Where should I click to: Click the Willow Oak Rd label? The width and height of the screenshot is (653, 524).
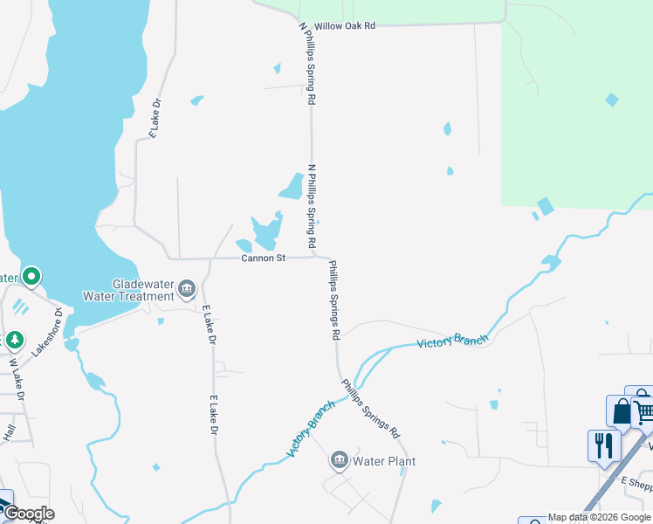point(345,26)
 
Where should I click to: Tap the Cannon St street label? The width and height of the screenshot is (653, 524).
point(264,259)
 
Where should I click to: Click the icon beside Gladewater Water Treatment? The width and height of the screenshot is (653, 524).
point(186,288)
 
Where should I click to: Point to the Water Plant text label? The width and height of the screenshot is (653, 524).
point(384,461)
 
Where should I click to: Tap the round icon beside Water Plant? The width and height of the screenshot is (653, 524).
point(340,459)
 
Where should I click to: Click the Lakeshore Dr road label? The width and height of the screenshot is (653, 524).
point(48,331)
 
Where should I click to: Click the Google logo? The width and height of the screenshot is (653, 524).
point(28,514)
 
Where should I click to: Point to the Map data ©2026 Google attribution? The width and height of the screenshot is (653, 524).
point(599,517)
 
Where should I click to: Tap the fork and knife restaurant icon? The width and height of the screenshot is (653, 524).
point(603,445)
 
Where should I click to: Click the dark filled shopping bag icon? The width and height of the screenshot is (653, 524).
point(622,412)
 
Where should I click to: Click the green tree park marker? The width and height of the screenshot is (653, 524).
point(14,339)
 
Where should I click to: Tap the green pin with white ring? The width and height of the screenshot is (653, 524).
point(31,278)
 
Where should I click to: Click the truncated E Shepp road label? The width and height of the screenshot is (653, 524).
point(636,481)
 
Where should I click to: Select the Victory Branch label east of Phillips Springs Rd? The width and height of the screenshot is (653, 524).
point(452,341)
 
